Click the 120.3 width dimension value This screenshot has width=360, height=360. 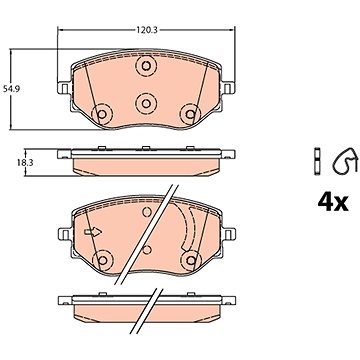coord(146,30)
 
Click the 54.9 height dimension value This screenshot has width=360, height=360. coord(11,89)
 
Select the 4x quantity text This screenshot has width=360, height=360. coord(333,202)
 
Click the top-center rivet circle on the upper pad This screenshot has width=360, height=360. coord(146,66)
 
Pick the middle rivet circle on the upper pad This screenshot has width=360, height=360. coord(146,104)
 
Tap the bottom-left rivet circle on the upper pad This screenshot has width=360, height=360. coord(102,114)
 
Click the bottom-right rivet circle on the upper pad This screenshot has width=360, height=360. coord(190,114)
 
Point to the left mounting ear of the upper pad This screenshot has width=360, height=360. coord(64,88)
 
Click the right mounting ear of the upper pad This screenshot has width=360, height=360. coord(228,88)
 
